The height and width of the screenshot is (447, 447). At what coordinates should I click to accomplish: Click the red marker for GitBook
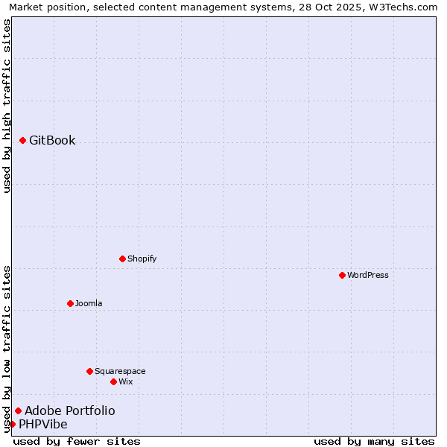point(23,140)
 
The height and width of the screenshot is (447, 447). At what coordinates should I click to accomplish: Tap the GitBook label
point(52,141)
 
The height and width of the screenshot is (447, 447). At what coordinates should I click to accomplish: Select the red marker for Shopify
point(123,259)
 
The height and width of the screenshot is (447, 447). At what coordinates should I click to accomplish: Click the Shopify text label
point(142,259)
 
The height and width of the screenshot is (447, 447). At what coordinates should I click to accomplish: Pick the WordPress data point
point(343,275)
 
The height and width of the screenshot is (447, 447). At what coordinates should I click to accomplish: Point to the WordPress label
point(368,276)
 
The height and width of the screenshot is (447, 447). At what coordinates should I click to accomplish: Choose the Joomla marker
point(71,303)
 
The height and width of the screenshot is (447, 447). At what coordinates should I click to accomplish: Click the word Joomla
point(89,304)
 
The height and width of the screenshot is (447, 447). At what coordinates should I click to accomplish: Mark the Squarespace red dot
point(90,371)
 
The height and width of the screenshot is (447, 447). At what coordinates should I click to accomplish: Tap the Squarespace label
point(120,372)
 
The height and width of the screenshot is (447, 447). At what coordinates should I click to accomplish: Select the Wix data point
point(114,381)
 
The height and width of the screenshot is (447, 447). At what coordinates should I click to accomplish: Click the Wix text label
point(126,382)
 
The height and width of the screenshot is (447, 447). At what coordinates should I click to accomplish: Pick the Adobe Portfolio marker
point(19,410)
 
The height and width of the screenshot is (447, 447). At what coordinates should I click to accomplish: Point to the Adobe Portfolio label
point(70,411)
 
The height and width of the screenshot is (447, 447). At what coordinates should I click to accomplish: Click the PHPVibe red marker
point(13,424)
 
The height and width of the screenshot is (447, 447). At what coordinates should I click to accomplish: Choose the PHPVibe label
point(43,425)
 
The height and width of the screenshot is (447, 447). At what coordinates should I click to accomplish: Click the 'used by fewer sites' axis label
point(77,442)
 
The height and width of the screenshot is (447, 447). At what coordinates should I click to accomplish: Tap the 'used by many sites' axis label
point(374,442)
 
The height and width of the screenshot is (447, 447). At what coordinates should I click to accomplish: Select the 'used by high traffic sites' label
point(7,107)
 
